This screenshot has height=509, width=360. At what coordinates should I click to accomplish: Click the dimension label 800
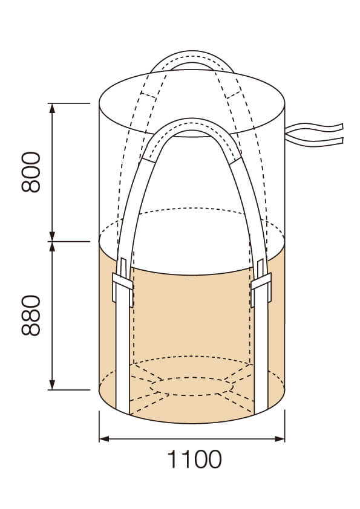click(31, 172)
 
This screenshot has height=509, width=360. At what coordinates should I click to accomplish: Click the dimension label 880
click(31, 315)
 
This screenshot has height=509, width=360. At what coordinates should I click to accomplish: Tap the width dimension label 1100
click(194, 459)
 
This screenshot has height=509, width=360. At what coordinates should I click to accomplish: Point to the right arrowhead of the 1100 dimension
click(280, 439)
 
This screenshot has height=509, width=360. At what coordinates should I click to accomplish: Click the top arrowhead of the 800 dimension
click(52, 108)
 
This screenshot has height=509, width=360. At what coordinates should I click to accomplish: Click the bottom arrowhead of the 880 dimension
click(52, 384)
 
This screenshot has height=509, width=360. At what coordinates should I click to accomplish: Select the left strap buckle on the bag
click(123, 282)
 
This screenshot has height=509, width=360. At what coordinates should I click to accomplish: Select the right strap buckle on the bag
click(261, 282)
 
